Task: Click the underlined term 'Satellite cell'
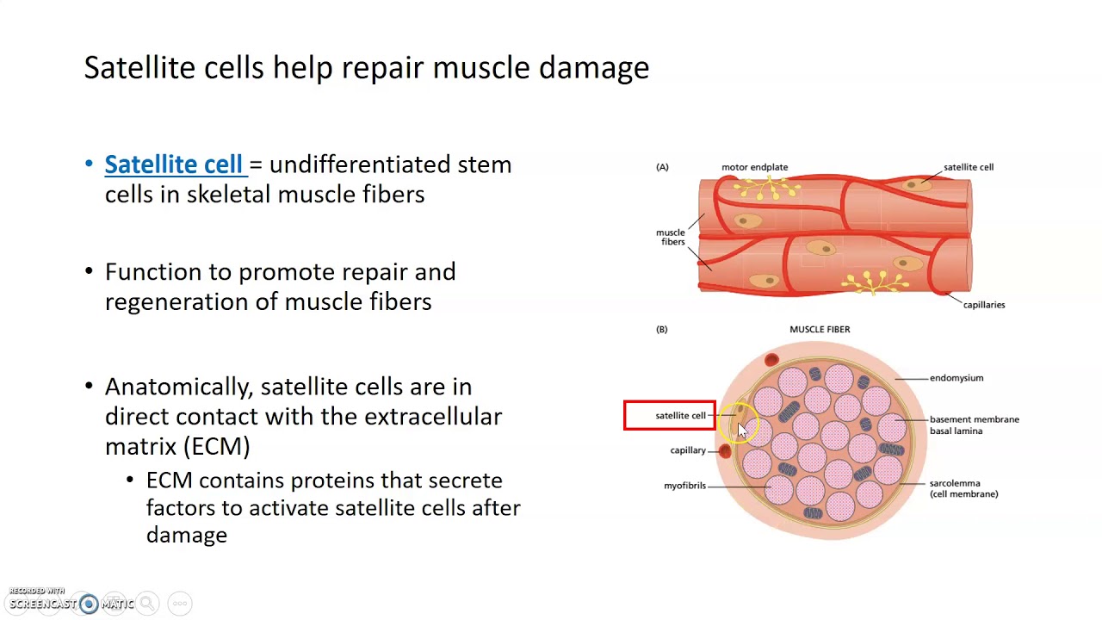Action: click(x=174, y=164)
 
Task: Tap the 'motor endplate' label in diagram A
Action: click(x=754, y=167)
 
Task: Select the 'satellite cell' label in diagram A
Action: click(x=968, y=167)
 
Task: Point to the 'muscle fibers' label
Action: click(x=671, y=237)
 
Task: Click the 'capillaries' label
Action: click(x=983, y=305)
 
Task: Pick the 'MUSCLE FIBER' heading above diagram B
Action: click(x=820, y=329)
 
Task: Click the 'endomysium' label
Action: click(x=956, y=378)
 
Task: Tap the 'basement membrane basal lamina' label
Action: click(x=974, y=425)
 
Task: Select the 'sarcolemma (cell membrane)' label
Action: click(x=963, y=488)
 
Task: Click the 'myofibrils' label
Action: click(x=684, y=486)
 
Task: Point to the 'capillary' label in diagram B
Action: click(x=687, y=450)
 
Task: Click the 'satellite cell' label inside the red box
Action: click(x=680, y=416)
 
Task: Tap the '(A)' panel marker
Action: click(x=662, y=167)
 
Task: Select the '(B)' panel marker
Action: click(x=662, y=329)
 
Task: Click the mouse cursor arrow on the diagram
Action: click(x=742, y=430)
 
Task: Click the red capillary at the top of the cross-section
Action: click(x=771, y=360)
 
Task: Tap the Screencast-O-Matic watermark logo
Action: click(x=89, y=604)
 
